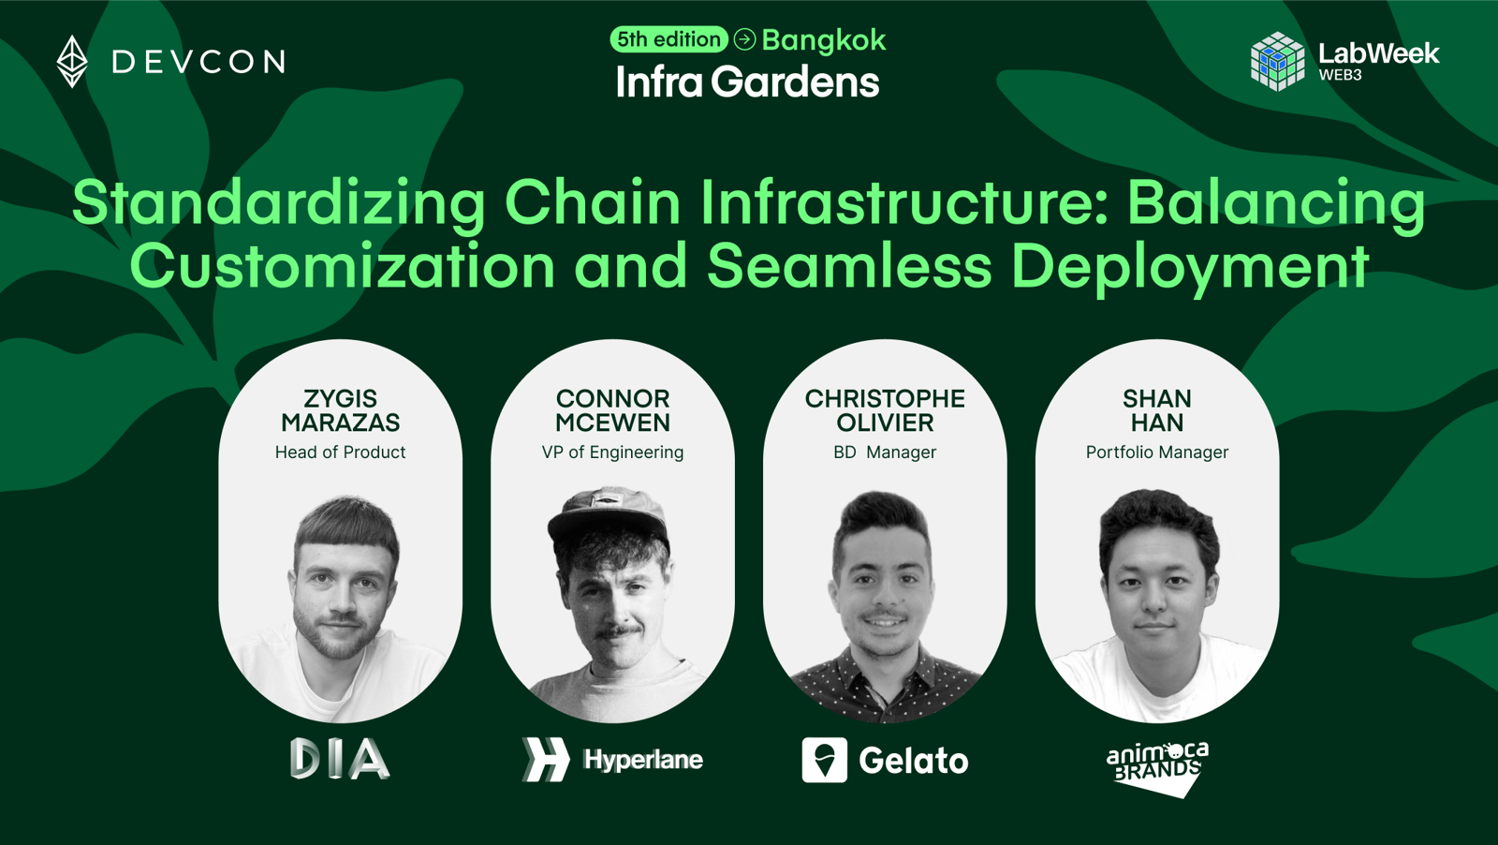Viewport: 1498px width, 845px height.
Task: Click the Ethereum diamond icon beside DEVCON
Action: click(x=71, y=62)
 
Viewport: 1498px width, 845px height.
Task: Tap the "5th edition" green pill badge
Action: click(x=668, y=39)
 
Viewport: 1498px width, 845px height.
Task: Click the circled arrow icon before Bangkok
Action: click(x=744, y=39)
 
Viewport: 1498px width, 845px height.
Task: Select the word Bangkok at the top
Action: click(x=824, y=41)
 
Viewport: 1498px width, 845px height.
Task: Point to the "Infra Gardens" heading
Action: click(x=748, y=82)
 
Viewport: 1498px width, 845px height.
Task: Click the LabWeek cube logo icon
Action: click(x=1277, y=61)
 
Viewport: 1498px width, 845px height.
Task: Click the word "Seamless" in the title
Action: click(x=849, y=266)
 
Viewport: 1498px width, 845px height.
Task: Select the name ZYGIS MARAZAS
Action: click(x=341, y=411)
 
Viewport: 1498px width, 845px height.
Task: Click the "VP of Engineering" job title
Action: click(x=612, y=452)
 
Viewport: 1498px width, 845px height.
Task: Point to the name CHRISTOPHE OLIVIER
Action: click(x=885, y=411)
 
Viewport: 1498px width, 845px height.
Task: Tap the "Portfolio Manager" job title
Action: click(x=1157, y=452)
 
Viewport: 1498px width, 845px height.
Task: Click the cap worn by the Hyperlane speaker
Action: click(x=608, y=515)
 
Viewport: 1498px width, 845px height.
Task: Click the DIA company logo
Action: click(x=341, y=758)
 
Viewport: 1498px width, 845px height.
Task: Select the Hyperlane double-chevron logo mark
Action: click(x=546, y=760)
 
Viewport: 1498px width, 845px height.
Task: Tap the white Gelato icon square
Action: click(x=825, y=760)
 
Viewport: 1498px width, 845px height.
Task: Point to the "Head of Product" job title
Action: click(x=341, y=452)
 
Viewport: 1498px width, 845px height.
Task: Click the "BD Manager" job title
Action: click(x=885, y=452)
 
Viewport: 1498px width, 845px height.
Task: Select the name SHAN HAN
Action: click(x=1157, y=411)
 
